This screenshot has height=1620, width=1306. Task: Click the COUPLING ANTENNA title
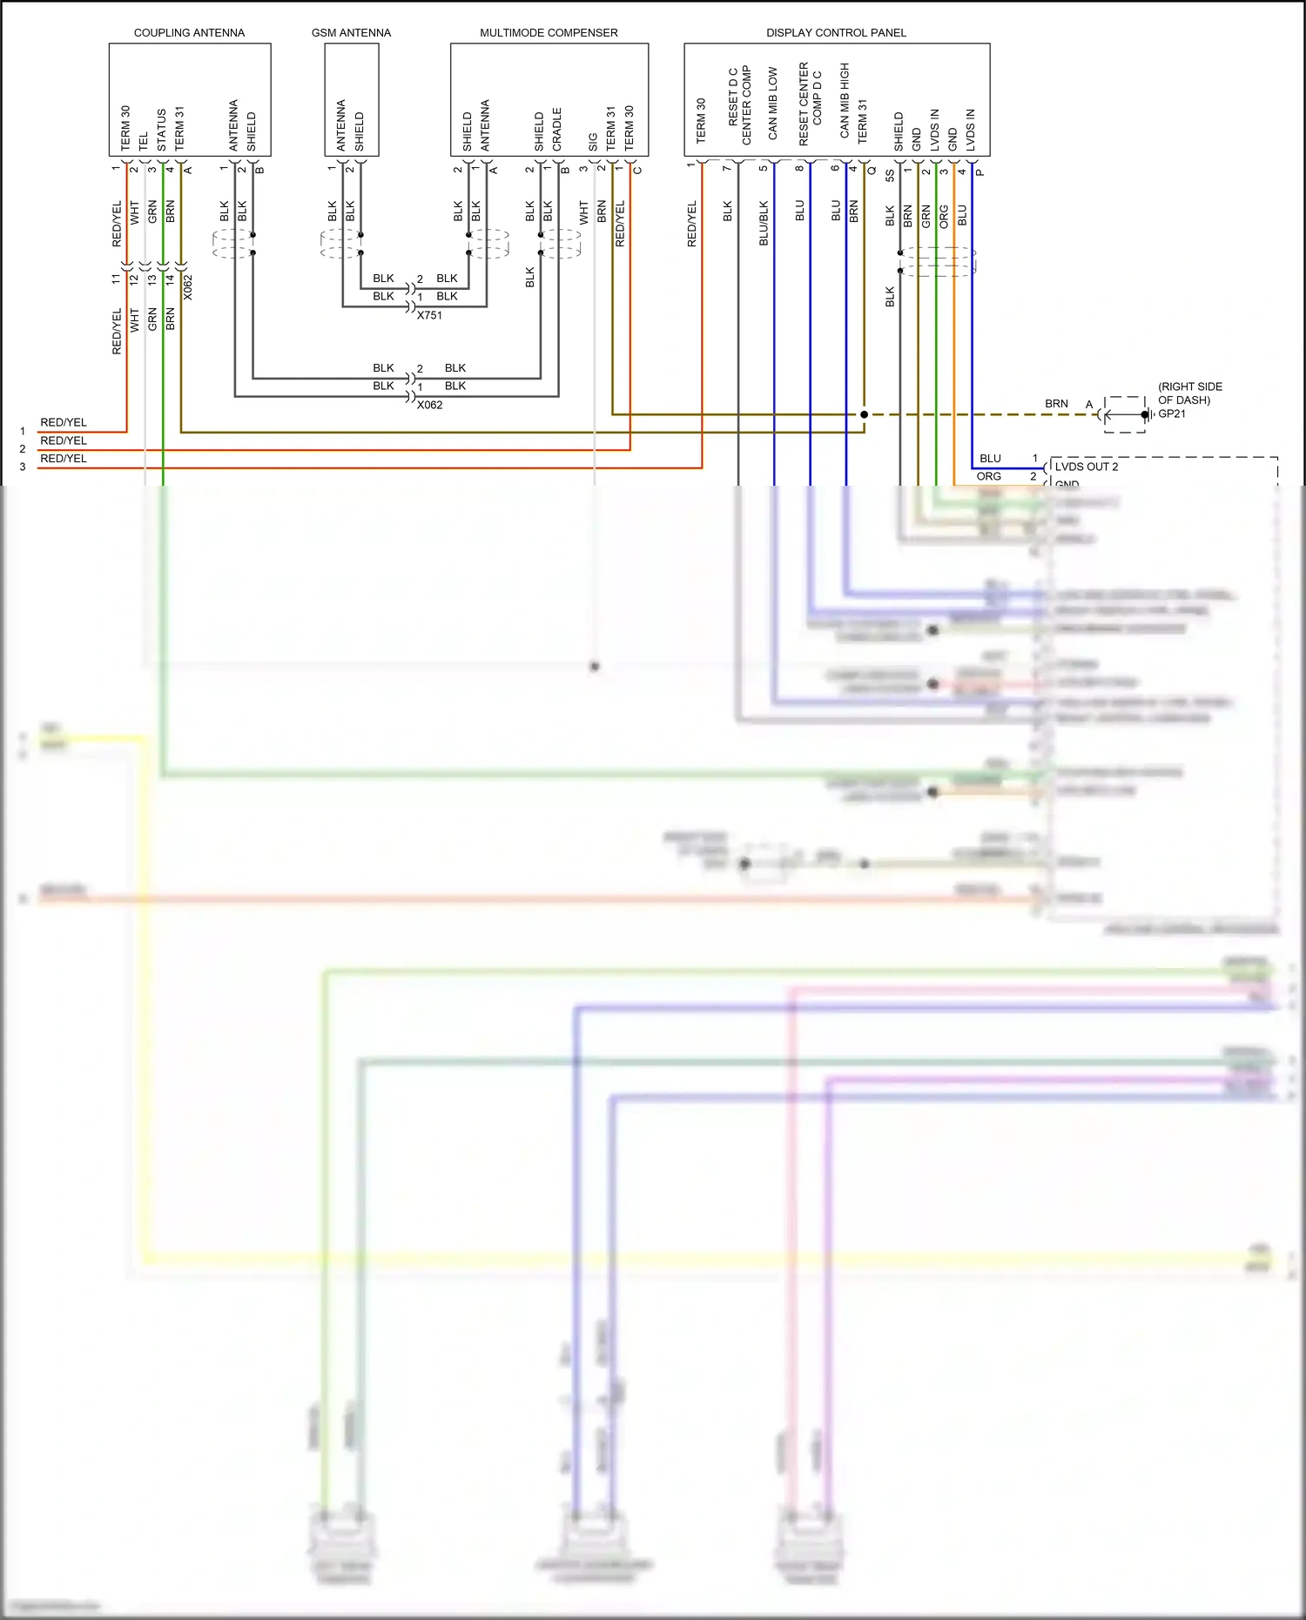click(189, 33)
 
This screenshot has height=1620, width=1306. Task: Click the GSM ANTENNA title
click(351, 33)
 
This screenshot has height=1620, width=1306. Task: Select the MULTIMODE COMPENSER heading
click(549, 33)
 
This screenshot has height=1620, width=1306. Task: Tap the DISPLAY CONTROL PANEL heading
click(836, 33)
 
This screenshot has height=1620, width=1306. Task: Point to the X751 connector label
click(429, 315)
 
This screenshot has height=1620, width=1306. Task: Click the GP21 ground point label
click(1172, 413)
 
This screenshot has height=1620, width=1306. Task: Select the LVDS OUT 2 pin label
click(1087, 467)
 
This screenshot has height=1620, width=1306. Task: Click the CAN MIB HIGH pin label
click(845, 100)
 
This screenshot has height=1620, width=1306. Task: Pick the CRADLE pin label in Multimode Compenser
click(557, 130)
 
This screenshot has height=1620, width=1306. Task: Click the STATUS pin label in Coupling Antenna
click(162, 130)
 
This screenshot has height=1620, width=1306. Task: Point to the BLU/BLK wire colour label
click(764, 224)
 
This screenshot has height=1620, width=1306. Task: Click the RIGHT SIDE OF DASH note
click(1189, 393)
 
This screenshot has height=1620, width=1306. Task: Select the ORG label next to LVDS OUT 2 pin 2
click(988, 476)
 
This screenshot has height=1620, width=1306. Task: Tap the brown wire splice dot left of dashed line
click(864, 414)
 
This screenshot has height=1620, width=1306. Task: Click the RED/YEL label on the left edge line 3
click(64, 459)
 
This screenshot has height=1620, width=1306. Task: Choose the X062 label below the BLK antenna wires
click(429, 405)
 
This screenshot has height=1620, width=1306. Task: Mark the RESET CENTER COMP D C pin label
click(810, 104)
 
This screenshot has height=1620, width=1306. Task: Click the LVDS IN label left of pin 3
click(934, 130)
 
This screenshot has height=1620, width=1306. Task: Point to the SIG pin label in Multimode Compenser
click(593, 141)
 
